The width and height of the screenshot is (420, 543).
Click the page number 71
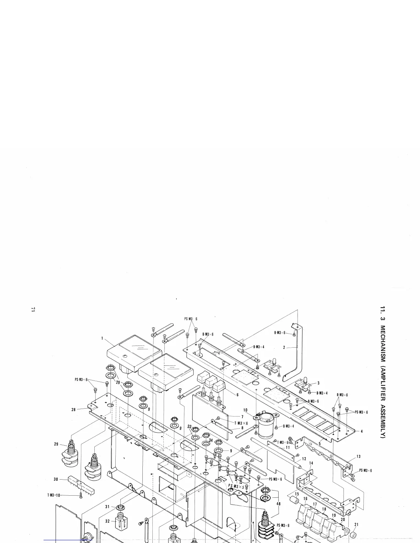tap(33, 310)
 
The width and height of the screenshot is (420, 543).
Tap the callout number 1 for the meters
tap(102, 338)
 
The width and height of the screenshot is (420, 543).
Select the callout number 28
tap(73, 410)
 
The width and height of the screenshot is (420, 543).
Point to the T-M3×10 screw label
tap(54, 495)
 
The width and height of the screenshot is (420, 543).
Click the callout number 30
tap(56, 479)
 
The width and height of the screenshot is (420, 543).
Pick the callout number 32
tap(107, 521)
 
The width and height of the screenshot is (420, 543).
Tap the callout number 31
tap(107, 507)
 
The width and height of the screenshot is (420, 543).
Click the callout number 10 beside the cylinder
tap(245, 410)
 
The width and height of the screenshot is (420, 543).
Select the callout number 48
tap(279, 504)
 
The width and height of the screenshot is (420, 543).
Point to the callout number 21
tap(357, 524)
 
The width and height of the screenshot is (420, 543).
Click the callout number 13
tap(358, 456)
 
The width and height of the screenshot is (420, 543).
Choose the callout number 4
tap(362, 431)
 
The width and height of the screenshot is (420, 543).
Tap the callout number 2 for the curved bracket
tap(284, 347)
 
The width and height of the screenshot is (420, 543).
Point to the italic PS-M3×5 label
tap(236, 487)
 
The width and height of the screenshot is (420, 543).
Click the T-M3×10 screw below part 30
tap(81, 496)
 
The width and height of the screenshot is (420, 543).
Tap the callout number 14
tap(311, 463)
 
